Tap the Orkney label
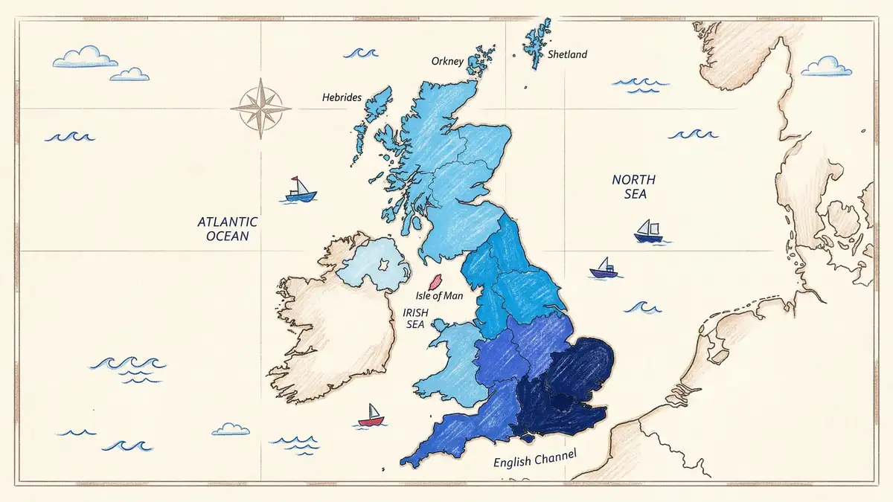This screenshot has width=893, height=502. tap(447, 61)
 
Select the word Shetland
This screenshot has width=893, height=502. tap(567, 54)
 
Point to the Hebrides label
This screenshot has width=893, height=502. tap(342, 97)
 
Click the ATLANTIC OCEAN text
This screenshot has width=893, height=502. tap(227, 228)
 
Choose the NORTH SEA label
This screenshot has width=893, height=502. tap(634, 186)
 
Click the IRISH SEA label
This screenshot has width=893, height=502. tap(415, 318)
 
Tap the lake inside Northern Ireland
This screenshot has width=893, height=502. tap(385, 266)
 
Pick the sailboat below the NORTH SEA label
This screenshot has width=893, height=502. tap(648, 232)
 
